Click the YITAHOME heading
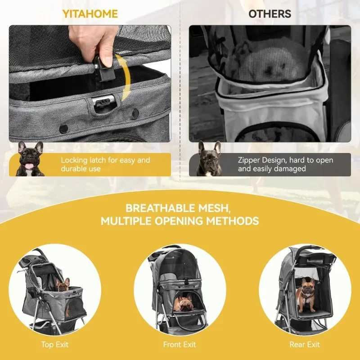90,14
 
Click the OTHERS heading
270,14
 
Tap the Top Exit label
55,345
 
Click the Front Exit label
180,345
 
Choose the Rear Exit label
305,345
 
